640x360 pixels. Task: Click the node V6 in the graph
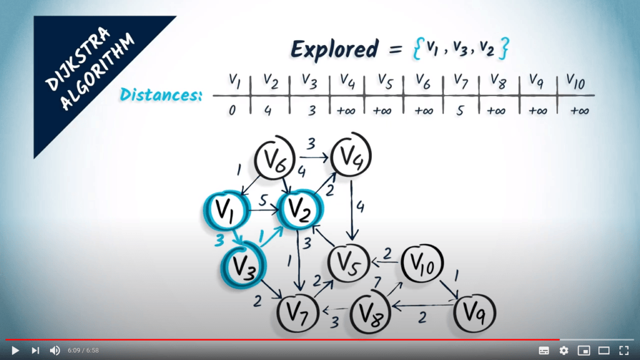(x=275, y=159)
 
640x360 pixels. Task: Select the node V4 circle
(x=351, y=155)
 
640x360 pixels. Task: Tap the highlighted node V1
(x=226, y=210)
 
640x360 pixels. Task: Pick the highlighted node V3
(x=244, y=265)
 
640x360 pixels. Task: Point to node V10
(x=422, y=263)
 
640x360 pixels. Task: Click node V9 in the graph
(x=475, y=313)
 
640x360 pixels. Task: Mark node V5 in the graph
(x=348, y=263)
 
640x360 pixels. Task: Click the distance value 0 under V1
(x=232, y=110)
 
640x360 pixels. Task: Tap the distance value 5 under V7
(x=460, y=111)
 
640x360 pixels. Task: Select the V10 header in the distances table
(x=576, y=82)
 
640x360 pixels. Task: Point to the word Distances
(x=161, y=95)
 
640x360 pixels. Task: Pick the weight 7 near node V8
(x=377, y=282)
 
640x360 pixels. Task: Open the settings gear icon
(x=564, y=350)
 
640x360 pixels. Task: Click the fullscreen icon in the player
(x=624, y=350)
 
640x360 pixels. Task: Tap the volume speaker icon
(x=55, y=350)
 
